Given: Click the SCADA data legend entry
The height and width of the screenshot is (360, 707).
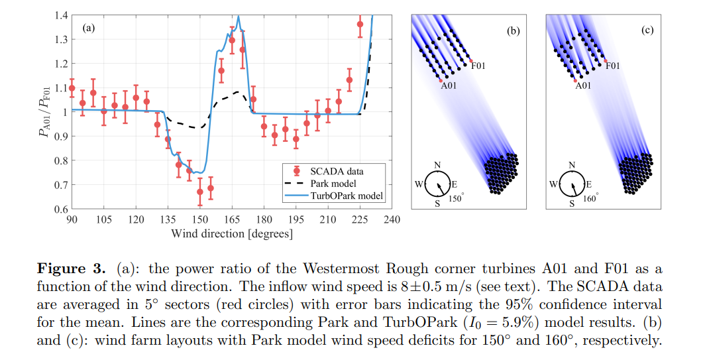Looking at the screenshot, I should click(x=336, y=170).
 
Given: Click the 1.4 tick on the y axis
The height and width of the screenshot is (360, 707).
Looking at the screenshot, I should click(x=60, y=15).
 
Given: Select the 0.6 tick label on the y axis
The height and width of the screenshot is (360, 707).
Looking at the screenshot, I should click(x=60, y=209).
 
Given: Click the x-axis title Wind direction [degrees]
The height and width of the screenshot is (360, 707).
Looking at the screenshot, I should click(x=231, y=233).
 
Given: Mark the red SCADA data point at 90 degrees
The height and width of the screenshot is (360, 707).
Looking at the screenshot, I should click(x=72, y=88).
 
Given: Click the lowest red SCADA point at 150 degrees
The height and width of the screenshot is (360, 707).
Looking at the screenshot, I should click(x=199, y=192).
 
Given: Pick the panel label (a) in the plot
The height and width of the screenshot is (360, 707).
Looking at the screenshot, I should click(x=89, y=28).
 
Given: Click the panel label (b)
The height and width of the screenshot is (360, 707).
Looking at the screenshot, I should click(x=513, y=30).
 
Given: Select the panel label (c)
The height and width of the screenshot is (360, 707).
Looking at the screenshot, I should click(x=647, y=30).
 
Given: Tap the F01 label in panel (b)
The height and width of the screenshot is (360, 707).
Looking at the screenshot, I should click(x=479, y=66).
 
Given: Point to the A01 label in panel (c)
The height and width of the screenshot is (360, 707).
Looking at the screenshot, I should click(x=583, y=86).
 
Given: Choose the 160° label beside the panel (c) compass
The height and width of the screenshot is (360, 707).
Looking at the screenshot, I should click(x=590, y=198).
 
